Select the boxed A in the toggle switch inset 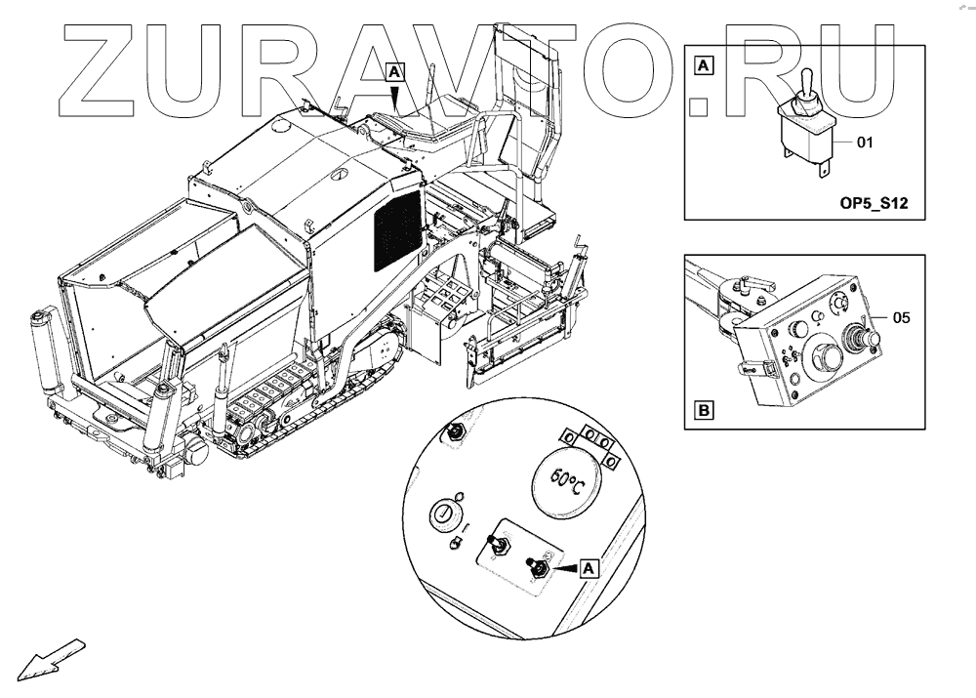(x=704, y=66)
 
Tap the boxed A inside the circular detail (x=588, y=566)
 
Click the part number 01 (x=864, y=143)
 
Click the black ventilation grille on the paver (x=397, y=232)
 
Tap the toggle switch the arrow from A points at (x=536, y=565)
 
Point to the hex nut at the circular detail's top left (x=453, y=432)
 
